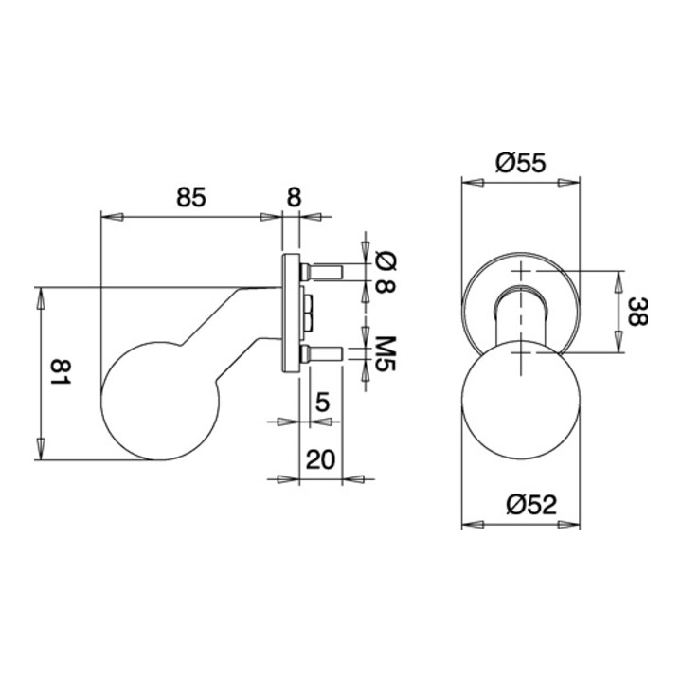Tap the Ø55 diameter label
click(520, 163)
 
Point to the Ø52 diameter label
click(520, 505)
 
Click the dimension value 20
click(321, 459)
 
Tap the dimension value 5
click(322, 402)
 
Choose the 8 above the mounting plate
click(293, 197)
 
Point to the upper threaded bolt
click(321, 273)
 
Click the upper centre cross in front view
click(520, 272)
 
